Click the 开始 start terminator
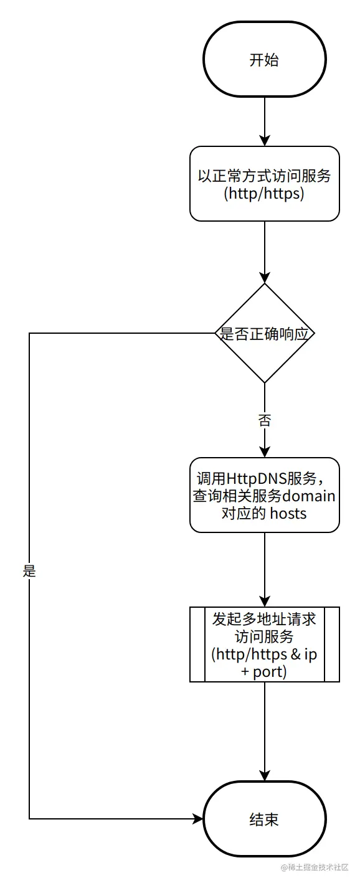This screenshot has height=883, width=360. pyautogui.click(x=264, y=60)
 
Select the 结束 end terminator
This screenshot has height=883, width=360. pyautogui.click(x=264, y=818)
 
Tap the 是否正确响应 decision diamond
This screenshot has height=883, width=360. pyautogui.click(x=264, y=333)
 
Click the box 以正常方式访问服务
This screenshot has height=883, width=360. pyautogui.click(x=264, y=183)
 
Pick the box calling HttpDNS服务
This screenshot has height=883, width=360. pyautogui.click(x=264, y=495)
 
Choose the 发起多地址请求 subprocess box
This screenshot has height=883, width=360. pyautogui.click(x=264, y=645)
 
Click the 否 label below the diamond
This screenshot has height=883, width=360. pyautogui.click(x=264, y=420)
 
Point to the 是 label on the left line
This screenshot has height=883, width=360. pyautogui.click(x=29, y=570)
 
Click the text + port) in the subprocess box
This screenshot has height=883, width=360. pyautogui.click(x=264, y=673)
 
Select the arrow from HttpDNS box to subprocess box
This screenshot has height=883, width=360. pyautogui.click(x=264, y=569)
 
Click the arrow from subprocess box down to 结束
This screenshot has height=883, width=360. pyautogui.click(x=264, y=731)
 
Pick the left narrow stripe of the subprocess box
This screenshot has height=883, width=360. pyautogui.click(x=197, y=645)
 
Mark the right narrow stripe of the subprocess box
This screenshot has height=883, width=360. pyautogui.click(x=332, y=645)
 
